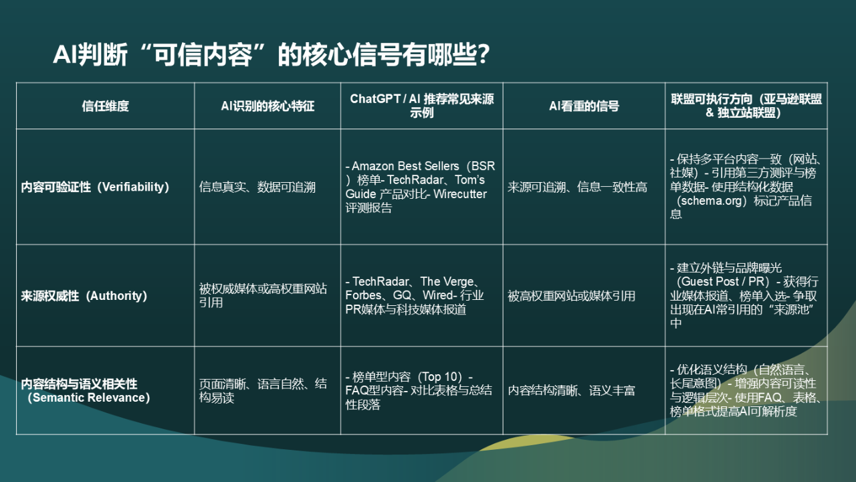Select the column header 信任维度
(x=105, y=106)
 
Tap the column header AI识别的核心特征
(x=267, y=106)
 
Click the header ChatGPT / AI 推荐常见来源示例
(x=421, y=106)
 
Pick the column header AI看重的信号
(x=584, y=106)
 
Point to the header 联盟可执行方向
(x=746, y=106)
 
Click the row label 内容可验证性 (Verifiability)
(x=95, y=187)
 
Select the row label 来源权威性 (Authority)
(x=84, y=296)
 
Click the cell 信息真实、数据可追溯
(x=257, y=187)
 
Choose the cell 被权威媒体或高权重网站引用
(x=263, y=296)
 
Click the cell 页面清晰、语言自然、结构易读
(x=263, y=391)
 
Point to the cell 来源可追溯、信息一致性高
(x=577, y=187)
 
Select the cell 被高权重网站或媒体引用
(x=571, y=296)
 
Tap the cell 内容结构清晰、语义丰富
(x=571, y=391)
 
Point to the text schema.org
(x=711, y=201)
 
